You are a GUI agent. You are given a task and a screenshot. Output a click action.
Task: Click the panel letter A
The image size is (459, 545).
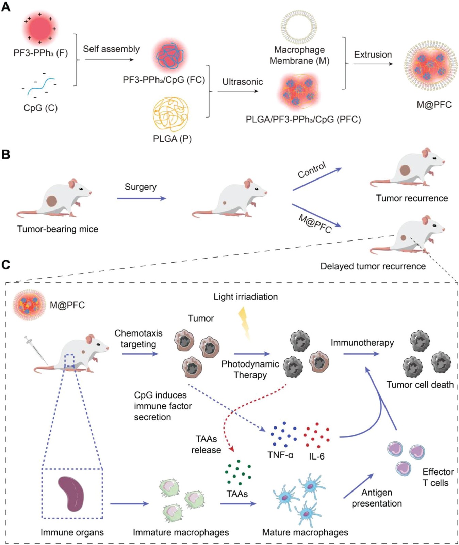pyautogui.click(x=6, y=7)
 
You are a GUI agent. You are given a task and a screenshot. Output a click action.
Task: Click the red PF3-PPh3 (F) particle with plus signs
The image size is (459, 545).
pyautogui.click(x=40, y=28)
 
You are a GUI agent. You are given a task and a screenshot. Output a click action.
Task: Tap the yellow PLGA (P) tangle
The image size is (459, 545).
pyautogui.click(x=171, y=114)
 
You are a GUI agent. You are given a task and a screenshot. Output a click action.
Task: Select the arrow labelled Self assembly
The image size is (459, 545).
pyautogui.click(x=109, y=60)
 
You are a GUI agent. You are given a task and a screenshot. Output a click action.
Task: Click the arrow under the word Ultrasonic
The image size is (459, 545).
pyautogui.click(x=238, y=91)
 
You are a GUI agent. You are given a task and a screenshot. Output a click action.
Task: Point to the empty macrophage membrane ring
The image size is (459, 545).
pyautogui.click(x=299, y=27)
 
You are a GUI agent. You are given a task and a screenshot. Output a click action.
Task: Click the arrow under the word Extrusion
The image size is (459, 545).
pyautogui.click(x=373, y=64)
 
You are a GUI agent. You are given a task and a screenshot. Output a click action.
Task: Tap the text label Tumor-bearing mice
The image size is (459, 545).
pyautogui.click(x=58, y=229)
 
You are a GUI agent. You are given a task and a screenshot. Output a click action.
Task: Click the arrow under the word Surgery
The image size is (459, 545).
pyautogui.click(x=142, y=198)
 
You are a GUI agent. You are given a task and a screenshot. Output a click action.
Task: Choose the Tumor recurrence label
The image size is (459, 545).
pyautogui.click(x=412, y=198)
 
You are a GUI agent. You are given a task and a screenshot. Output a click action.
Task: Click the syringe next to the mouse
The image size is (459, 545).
pyautogui.click(x=35, y=349)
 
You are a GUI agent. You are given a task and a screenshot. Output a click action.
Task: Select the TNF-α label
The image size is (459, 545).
pyautogui.click(x=280, y=455)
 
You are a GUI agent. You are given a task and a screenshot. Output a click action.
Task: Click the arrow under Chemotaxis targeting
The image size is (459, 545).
pyautogui.click(x=140, y=354)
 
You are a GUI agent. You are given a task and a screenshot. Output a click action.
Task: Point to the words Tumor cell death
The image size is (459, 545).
pyautogui.click(x=420, y=385)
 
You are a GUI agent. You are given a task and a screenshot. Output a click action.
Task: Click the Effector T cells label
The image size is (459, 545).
pyautogui.click(x=438, y=477)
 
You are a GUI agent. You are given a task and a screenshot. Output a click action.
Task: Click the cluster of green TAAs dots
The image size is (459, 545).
pyautogui.click(x=238, y=472)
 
